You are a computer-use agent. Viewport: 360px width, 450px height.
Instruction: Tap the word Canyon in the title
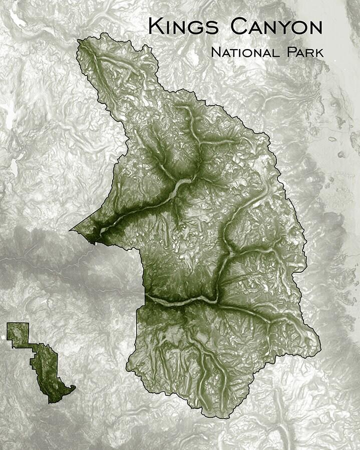[x=276, y=27]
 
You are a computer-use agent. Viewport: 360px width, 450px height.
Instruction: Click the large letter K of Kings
[x=156, y=26]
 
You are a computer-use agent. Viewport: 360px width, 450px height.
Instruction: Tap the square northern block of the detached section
[x=18, y=334]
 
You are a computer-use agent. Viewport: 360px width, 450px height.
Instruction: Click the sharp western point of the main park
[x=71, y=230]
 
